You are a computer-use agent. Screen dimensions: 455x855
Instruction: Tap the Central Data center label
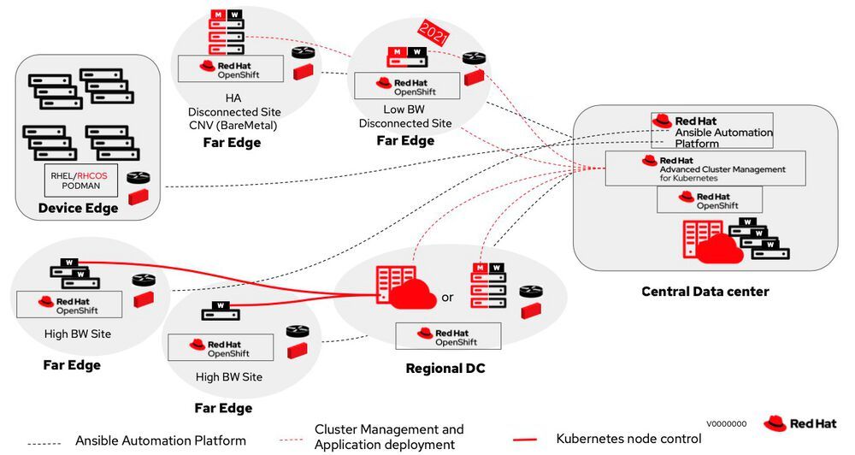coord(705,292)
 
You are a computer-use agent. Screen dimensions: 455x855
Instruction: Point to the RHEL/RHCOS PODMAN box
coord(81,180)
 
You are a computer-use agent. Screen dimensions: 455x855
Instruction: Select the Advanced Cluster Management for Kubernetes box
coord(706,168)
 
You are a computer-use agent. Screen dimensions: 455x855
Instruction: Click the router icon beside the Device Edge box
coord(138,178)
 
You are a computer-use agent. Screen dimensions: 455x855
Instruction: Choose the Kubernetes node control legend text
coord(628,439)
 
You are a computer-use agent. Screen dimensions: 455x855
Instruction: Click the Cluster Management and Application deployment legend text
coord(389,436)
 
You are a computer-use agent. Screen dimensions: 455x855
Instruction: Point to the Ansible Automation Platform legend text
coord(161,440)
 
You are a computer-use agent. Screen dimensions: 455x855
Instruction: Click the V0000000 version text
coord(727,423)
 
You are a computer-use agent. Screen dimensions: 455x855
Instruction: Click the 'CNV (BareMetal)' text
coord(234,125)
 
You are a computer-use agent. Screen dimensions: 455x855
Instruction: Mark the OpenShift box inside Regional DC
coord(449,336)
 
